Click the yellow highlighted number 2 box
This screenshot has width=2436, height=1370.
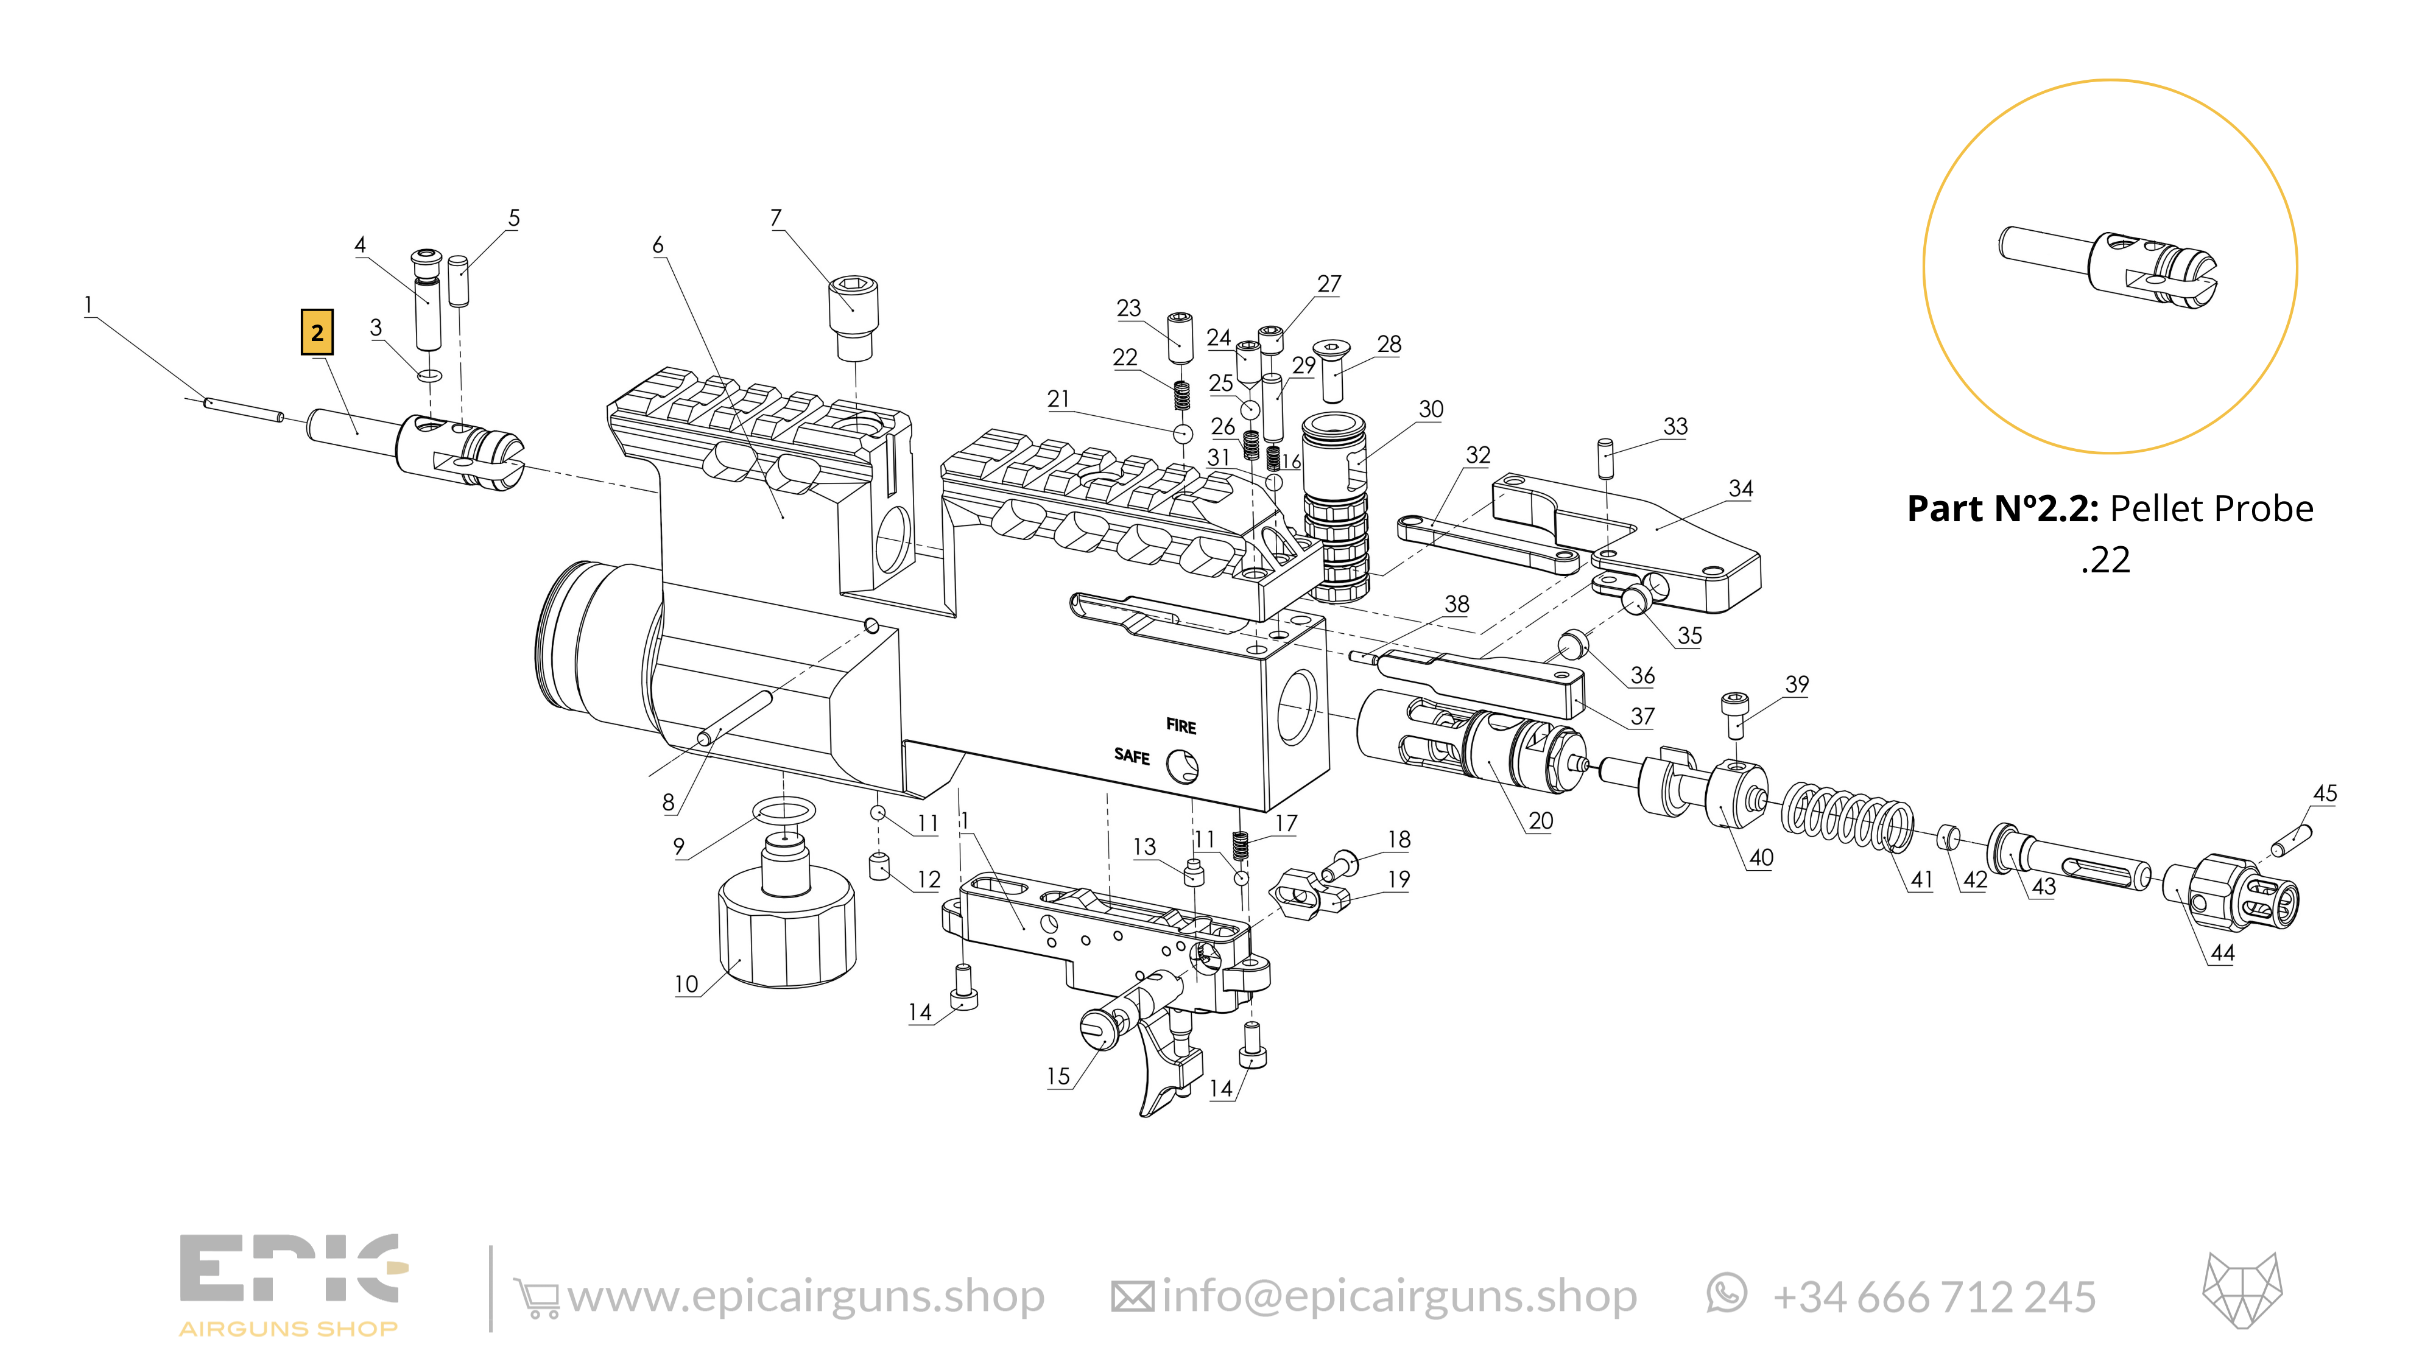pos(317,332)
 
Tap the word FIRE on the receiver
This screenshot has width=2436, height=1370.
pos(1181,726)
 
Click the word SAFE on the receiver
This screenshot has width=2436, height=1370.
pos(1132,756)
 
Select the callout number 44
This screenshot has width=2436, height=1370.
pos(2222,953)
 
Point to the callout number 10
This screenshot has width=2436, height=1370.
pos(686,984)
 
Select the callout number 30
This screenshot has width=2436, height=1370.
pos(1431,409)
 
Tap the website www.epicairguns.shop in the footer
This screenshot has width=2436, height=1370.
pos(806,1296)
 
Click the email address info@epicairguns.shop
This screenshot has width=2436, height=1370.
pos(1399,1296)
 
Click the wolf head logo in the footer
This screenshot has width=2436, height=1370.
pos(2242,1291)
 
